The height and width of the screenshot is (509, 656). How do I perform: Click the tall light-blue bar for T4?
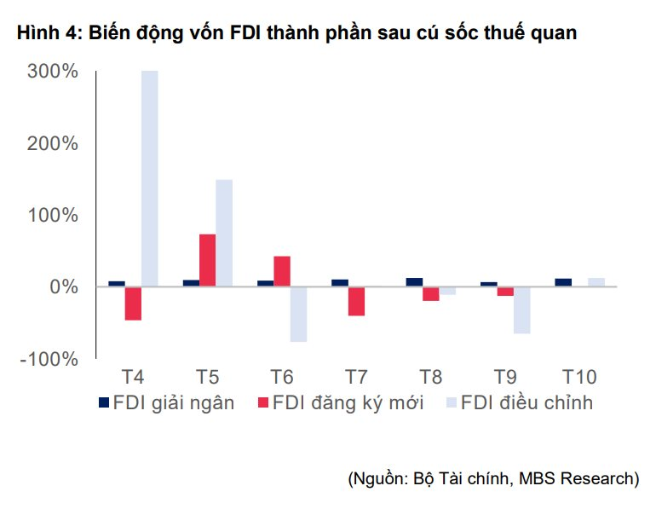click(x=149, y=178)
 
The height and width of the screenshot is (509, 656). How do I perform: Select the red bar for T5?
click(x=207, y=260)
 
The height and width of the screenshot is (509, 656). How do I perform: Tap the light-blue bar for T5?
click(x=224, y=233)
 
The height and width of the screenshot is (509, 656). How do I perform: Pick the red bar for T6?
click(x=282, y=271)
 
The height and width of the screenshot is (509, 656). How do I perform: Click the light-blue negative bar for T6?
click(x=298, y=314)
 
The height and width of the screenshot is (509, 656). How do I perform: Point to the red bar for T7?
click(x=356, y=301)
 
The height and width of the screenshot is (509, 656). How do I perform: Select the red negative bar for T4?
click(x=133, y=304)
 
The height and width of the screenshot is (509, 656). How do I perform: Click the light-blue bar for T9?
click(x=521, y=309)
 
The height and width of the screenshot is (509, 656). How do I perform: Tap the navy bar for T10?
click(x=563, y=282)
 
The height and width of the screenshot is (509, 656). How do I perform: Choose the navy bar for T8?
click(x=414, y=282)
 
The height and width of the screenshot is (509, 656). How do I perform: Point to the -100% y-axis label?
click(x=53, y=359)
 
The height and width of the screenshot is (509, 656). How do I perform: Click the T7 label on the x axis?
click(x=356, y=377)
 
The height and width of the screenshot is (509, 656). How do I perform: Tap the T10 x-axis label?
click(x=579, y=377)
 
